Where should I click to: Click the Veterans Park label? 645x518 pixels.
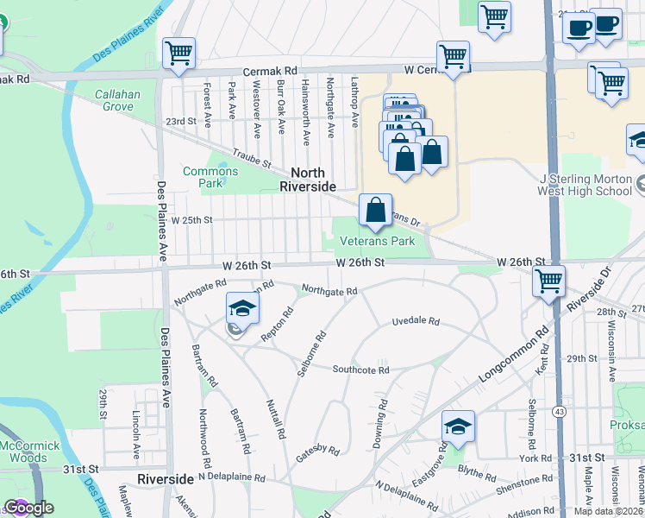pos(378,242)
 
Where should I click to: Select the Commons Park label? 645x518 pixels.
pos(210,177)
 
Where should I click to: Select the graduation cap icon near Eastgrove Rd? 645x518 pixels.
pos(458,426)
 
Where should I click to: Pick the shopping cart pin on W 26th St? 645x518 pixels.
pos(548,281)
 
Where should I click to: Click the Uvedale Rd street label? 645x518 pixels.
pos(416,321)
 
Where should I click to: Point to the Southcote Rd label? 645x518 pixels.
pos(361,370)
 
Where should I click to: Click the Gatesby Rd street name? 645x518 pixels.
pos(318,449)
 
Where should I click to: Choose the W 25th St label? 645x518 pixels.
pos(191,220)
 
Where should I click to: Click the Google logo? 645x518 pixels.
pos(28,508)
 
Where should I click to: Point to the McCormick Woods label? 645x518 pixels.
pos(30,452)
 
